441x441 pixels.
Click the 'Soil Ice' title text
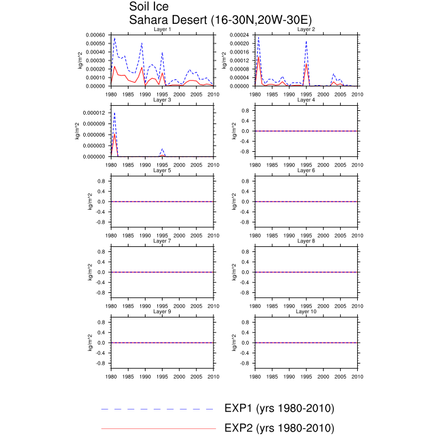[x=149, y=7]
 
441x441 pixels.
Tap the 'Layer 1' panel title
[x=162, y=30]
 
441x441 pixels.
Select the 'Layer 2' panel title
[x=306, y=30]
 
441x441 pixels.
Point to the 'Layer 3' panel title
[x=162, y=100]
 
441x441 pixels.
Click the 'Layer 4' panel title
[x=306, y=100]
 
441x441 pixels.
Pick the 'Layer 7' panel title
[x=162, y=241]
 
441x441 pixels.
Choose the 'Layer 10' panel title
[x=306, y=312]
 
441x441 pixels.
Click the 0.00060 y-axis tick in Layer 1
[x=96, y=35]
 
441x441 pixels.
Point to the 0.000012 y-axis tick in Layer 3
[x=94, y=113]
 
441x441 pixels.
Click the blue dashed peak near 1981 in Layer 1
[x=115, y=38]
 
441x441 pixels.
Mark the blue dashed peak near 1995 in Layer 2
[x=306, y=42]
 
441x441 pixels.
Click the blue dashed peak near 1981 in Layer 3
[x=114, y=113]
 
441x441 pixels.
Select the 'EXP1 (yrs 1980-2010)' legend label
[x=279, y=409]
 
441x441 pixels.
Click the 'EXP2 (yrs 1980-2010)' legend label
[x=279, y=428]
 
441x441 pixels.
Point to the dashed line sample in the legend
[x=157, y=409]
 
